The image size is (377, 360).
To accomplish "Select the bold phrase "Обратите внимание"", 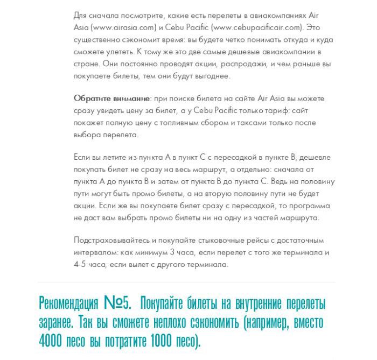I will [x=112, y=99].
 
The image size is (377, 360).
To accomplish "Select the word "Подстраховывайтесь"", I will [x=111, y=241].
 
